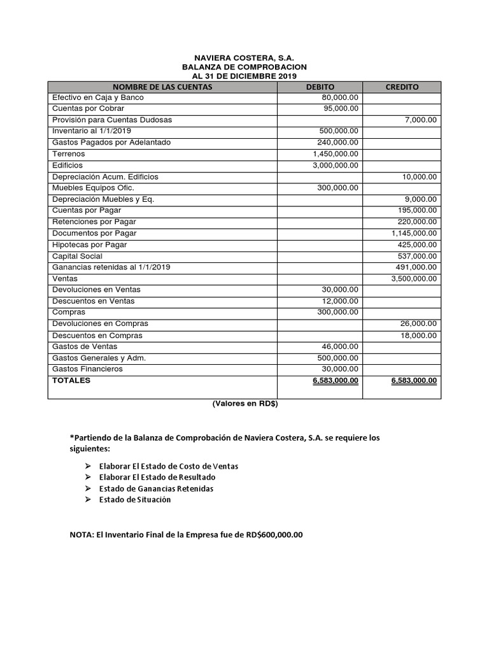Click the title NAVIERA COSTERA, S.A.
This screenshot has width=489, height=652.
pyautogui.click(x=244, y=57)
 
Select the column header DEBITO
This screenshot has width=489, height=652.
pyautogui.click(x=320, y=87)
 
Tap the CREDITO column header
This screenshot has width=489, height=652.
pyautogui.click(x=402, y=87)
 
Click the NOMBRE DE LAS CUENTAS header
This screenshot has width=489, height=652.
pyautogui.click(x=162, y=87)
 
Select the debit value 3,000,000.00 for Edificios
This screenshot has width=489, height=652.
pyautogui.click(x=335, y=166)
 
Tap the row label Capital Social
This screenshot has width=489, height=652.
pyautogui.click(x=77, y=256)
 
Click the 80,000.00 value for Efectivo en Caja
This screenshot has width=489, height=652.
pyautogui.click(x=340, y=97)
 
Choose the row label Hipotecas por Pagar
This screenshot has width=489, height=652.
pyautogui.click(x=89, y=244)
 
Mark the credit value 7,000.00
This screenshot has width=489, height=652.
pyautogui.click(x=421, y=120)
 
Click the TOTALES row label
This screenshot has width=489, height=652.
pyautogui.click(x=71, y=380)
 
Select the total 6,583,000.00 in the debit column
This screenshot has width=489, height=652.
pyautogui.click(x=335, y=381)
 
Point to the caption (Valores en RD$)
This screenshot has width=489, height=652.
pyautogui.click(x=244, y=404)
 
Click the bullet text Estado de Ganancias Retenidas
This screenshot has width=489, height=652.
pyautogui.click(x=156, y=488)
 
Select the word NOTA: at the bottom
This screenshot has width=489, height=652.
pyautogui.click(x=81, y=534)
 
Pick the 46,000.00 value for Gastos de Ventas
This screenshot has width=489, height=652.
pyautogui.click(x=340, y=347)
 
